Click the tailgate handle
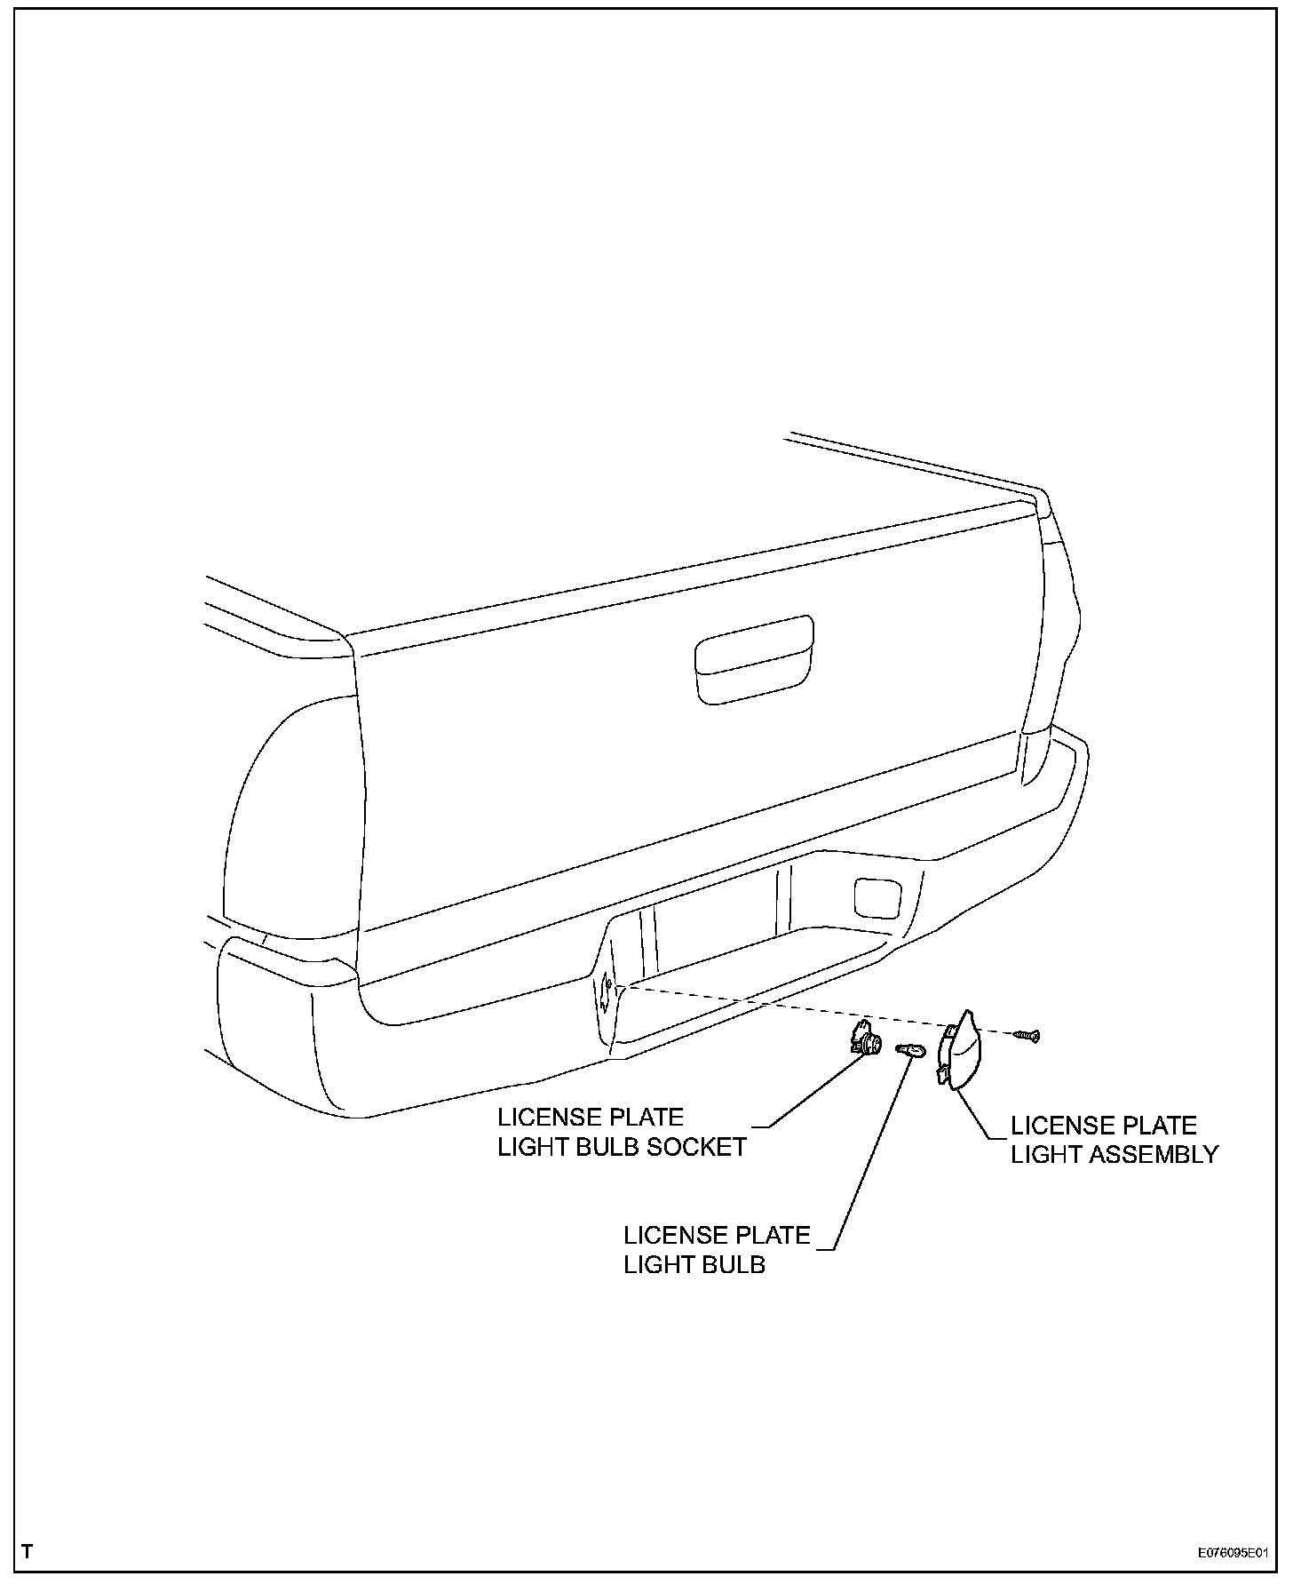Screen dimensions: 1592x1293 (754, 659)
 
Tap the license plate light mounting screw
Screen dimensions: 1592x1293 (1028, 1035)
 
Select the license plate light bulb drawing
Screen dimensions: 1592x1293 (911, 1051)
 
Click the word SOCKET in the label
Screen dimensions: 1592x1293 (697, 1147)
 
